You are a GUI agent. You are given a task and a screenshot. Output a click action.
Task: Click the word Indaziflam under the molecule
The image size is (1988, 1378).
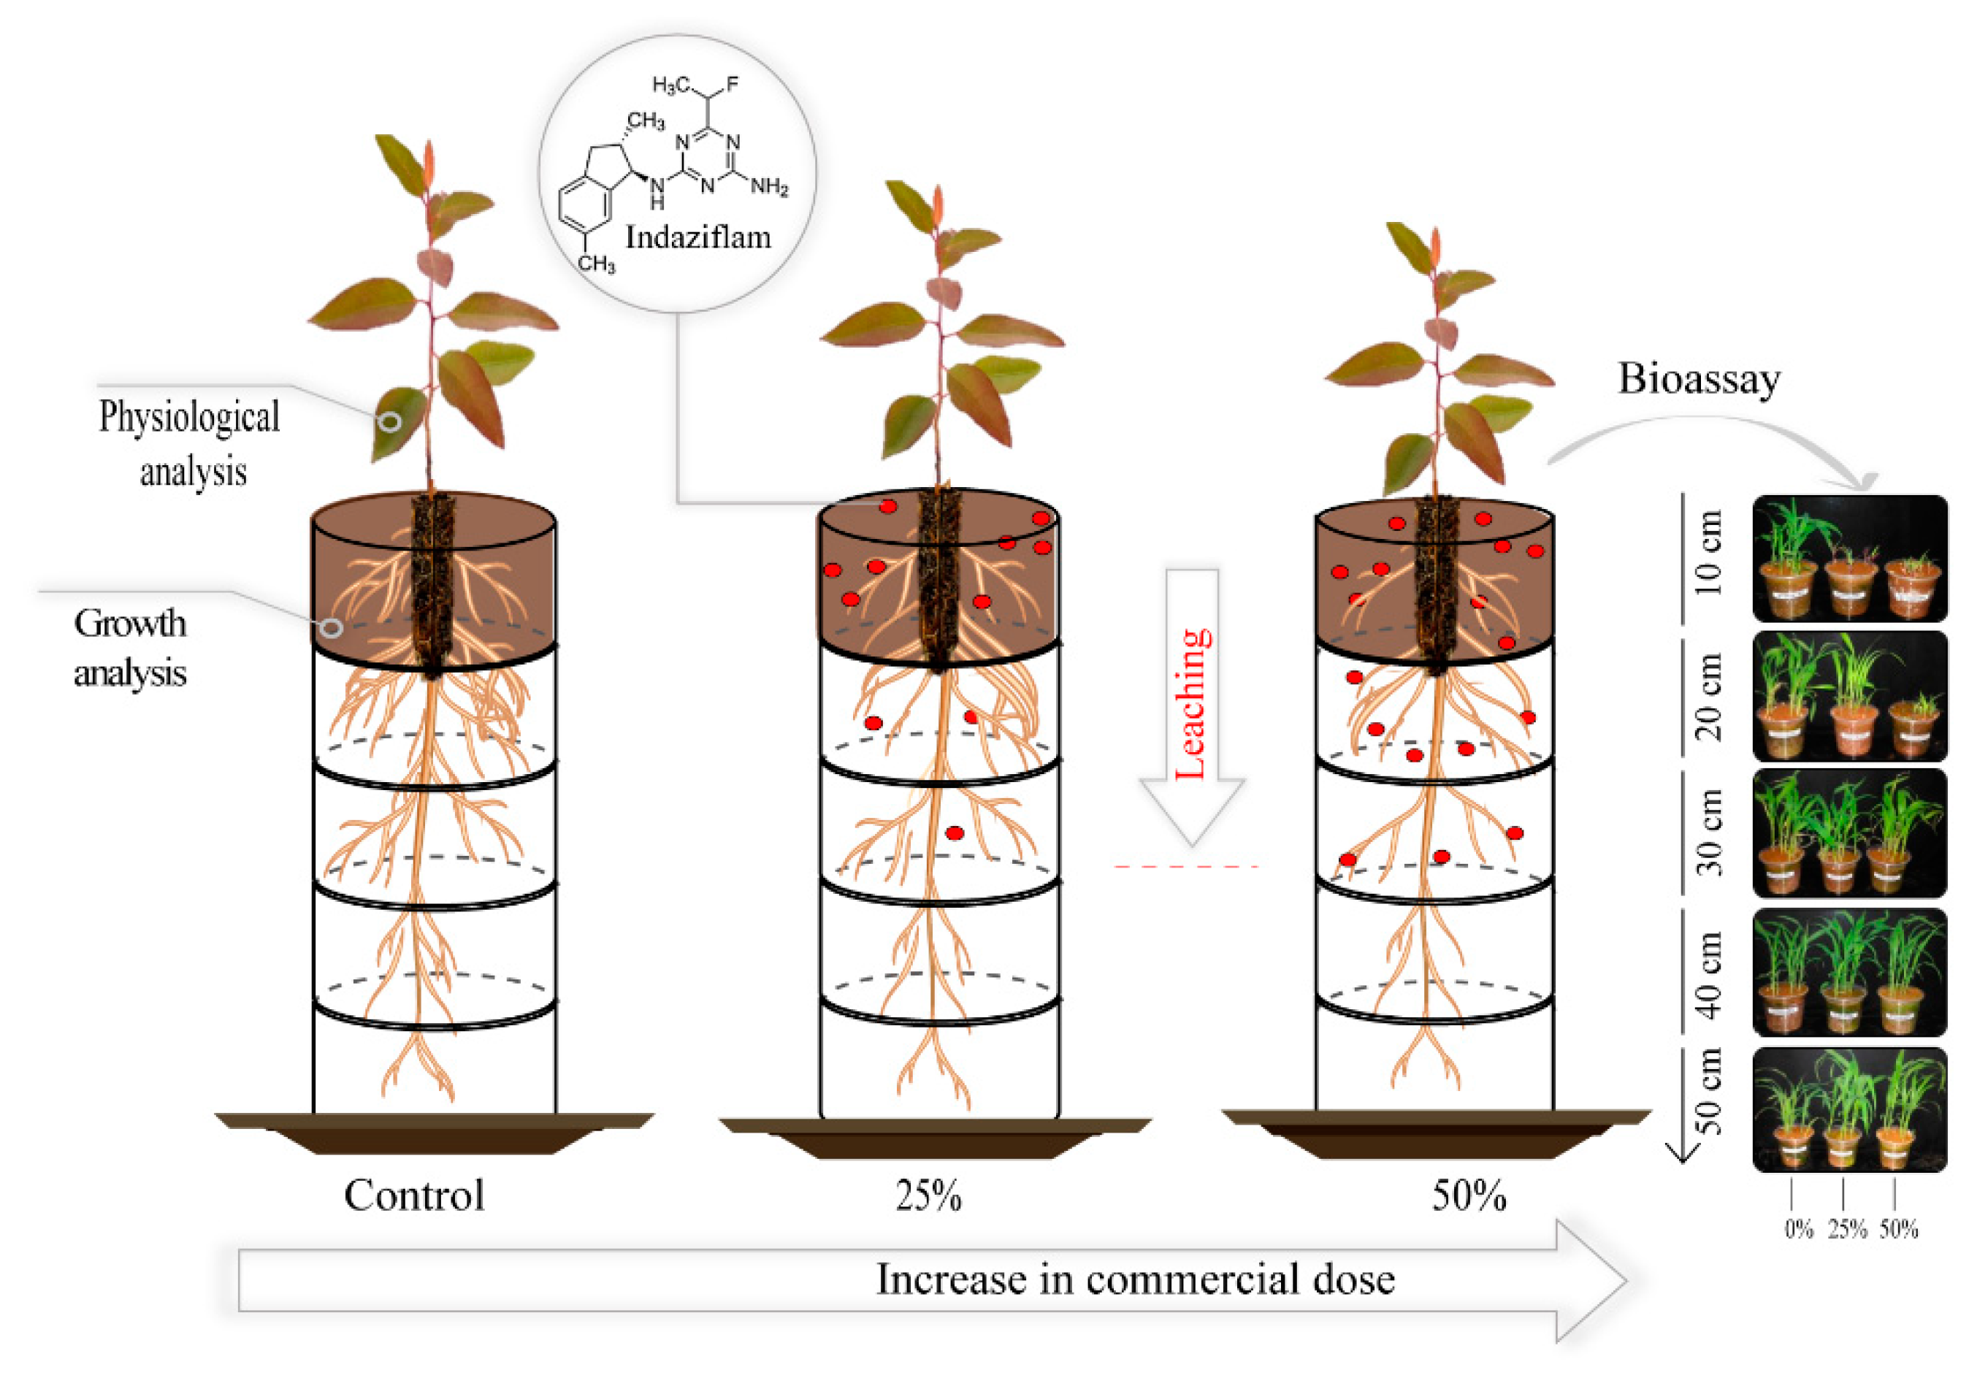[x=697, y=237]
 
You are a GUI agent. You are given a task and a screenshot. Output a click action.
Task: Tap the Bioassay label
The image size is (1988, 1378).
[x=1698, y=379]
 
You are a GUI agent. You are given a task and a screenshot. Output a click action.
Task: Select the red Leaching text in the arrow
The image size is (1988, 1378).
[x=1193, y=704]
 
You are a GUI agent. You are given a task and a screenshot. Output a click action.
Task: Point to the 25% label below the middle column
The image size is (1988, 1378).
[x=928, y=1196]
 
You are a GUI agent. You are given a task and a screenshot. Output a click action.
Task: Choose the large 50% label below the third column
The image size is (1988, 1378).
[x=1468, y=1196]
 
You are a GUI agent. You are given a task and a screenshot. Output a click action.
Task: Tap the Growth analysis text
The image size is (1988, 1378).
[x=129, y=648]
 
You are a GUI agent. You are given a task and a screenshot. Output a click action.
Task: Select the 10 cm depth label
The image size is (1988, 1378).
[x=1708, y=553]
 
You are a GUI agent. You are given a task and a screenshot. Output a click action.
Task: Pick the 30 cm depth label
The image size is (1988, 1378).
[x=1708, y=833]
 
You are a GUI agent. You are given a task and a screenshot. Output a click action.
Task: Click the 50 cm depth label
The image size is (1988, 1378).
[x=1708, y=1092]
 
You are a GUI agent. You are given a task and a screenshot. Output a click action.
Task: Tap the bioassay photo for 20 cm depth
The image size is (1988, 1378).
[x=1849, y=696]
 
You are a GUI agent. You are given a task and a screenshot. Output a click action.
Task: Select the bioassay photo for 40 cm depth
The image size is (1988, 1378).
[x=1849, y=971]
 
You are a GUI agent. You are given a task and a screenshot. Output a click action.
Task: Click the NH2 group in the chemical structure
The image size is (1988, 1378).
[x=768, y=186]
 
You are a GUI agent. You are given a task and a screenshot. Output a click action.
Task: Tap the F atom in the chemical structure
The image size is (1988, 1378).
[x=733, y=84]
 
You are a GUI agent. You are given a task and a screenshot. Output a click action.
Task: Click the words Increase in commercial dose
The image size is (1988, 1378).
[x=1135, y=1279]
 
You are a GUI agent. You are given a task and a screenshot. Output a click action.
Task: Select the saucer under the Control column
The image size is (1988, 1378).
[x=435, y=1133]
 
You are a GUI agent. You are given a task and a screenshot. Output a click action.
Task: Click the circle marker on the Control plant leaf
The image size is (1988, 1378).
[x=390, y=421]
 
